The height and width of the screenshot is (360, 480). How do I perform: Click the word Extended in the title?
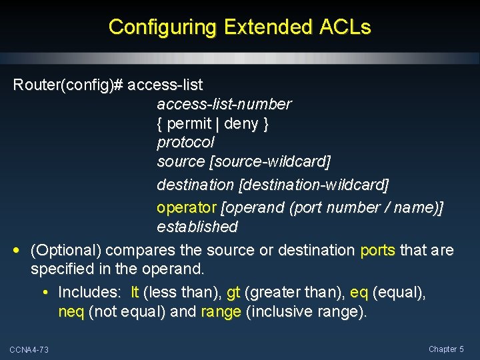coord(267,27)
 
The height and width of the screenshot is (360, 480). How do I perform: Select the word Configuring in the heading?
coord(163,27)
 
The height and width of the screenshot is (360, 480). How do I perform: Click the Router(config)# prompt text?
coord(68,85)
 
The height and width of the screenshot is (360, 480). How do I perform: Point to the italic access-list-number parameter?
coord(224,105)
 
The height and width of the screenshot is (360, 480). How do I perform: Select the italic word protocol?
coord(185,143)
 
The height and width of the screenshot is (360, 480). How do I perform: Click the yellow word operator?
coord(187,207)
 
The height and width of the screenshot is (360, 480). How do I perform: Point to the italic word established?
coord(197,227)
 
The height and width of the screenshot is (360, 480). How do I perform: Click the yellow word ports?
coord(377,251)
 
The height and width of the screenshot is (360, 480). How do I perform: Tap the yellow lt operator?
coord(135,293)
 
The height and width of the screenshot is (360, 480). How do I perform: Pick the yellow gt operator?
coord(233,293)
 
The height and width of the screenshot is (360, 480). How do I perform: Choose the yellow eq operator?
coord(359,293)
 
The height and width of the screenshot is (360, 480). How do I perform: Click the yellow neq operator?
coord(71,312)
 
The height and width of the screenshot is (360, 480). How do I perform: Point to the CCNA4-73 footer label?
coord(29,350)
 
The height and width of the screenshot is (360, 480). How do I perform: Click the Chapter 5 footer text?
coord(446,349)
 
